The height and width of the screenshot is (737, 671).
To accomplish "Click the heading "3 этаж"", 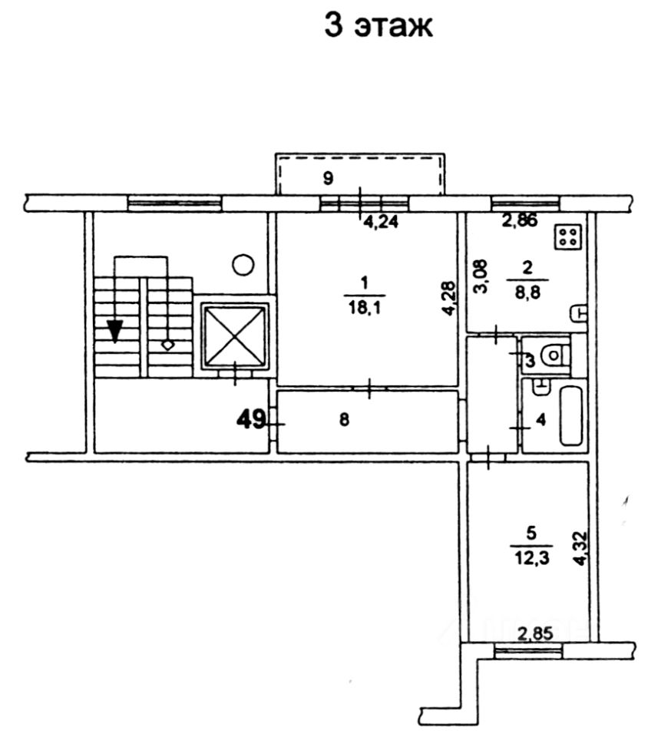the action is pos(379,25).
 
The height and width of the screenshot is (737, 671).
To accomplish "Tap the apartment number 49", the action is pos(250,419).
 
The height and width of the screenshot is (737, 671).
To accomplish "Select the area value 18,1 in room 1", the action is pos(365,308).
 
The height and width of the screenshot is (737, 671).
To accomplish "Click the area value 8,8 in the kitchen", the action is pos(527,290).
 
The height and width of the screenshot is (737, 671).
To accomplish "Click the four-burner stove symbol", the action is pos(569,237).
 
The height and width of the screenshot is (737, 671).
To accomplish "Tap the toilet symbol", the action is pos(554,355).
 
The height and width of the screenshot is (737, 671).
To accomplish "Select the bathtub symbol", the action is pos(572,415).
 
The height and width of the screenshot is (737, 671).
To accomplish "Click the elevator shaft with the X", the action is pos(234,335).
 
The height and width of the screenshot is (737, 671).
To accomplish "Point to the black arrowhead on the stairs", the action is pos(114,330).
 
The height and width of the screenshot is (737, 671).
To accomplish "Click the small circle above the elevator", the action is pos(243,266).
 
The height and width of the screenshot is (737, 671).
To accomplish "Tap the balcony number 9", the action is pos(328,180).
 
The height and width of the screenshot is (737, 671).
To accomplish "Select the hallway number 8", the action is pos(345,420).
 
